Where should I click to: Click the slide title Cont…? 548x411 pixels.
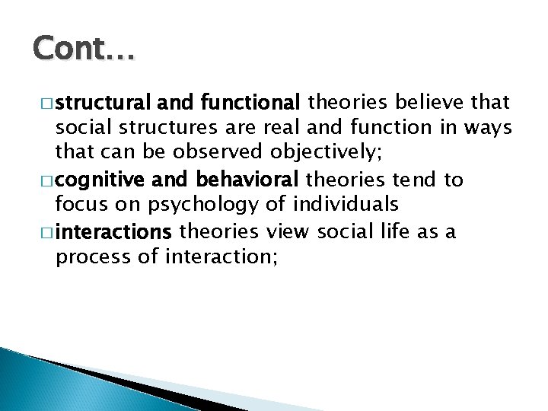pyautogui.click(x=83, y=51)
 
